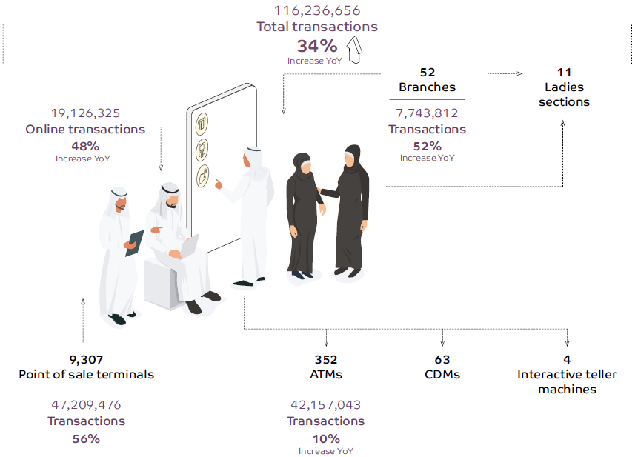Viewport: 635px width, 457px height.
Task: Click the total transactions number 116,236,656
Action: pyautogui.click(x=316, y=10)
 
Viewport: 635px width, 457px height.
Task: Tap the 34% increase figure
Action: pyautogui.click(x=317, y=45)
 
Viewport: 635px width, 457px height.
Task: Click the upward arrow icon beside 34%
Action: pyautogui.click(x=353, y=53)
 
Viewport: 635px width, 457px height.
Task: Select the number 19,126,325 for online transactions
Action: pyautogui.click(x=85, y=113)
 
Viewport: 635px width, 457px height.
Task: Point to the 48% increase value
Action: pyautogui.click(x=85, y=146)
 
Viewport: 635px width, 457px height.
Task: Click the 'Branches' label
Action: pyautogui.click(x=427, y=87)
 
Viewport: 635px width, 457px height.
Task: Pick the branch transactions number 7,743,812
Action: pyautogui.click(x=427, y=113)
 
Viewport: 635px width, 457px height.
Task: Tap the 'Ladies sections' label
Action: pyautogui.click(x=564, y=95)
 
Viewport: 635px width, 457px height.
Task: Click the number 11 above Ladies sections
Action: pyautogui.click(x=564, y=73)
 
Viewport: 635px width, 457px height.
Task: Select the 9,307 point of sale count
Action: pyautogui.click(x=86, y=359)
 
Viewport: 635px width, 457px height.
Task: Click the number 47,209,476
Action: pyautogui.click(x=86, y=405)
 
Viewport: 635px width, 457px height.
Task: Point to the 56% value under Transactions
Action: pyautogui.click(x=86, y=438)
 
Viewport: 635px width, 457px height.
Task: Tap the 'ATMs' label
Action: pyautogui.click(x=326, y=375)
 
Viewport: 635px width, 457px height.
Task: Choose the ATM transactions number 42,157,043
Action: pyautogui.click(x=326, y=405)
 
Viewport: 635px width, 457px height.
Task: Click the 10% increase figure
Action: pyautogui.click(x=326, y=438)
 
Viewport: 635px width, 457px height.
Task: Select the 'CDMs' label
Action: pyautogui.click(x=442, y=375)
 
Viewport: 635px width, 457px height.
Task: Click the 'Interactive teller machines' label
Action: pyautogui.click(x=567, y=381)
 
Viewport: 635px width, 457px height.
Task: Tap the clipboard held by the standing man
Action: pyautogui.click(x=135, y=242)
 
